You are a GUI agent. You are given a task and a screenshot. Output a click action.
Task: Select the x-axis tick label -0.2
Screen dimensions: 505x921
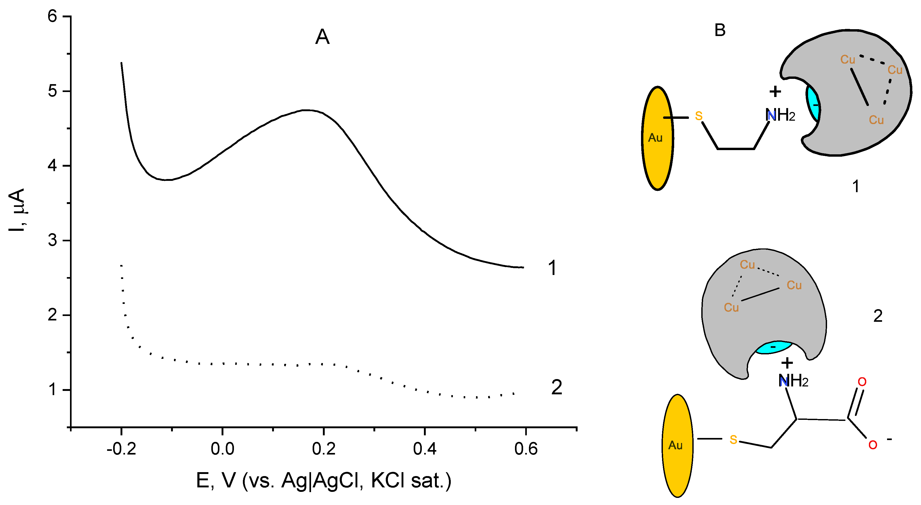coord(121,448)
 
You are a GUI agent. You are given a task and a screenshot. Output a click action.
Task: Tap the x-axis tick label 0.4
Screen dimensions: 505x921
coord(425,448)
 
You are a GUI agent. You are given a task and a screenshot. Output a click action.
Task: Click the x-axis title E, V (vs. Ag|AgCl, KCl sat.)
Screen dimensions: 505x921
coord(324,481)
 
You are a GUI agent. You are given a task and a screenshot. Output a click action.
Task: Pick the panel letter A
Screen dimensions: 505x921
coord(322,37)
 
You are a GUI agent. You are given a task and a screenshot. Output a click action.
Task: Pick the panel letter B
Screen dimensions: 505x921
coord(720,30)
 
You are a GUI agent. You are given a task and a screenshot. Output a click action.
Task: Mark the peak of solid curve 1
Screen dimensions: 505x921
coord(307,110)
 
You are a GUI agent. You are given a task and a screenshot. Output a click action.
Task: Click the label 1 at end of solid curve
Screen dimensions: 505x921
coord(552,268)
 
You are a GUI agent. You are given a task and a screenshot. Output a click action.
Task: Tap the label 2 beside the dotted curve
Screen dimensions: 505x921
coord(556,387)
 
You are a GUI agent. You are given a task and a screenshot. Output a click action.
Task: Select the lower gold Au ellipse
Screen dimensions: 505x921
coord(677,445)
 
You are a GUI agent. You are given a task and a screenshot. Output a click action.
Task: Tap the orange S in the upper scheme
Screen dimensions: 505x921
coord(699,116)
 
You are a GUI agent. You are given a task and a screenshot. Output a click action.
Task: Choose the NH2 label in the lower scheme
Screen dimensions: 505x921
coord(793,381)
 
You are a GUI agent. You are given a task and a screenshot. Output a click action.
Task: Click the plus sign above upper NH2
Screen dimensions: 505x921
coord(775,92)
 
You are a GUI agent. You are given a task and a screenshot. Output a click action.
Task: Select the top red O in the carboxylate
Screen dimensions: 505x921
coord(862,382)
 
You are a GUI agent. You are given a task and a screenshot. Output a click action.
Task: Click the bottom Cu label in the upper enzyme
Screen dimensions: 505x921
coord(876,120)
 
